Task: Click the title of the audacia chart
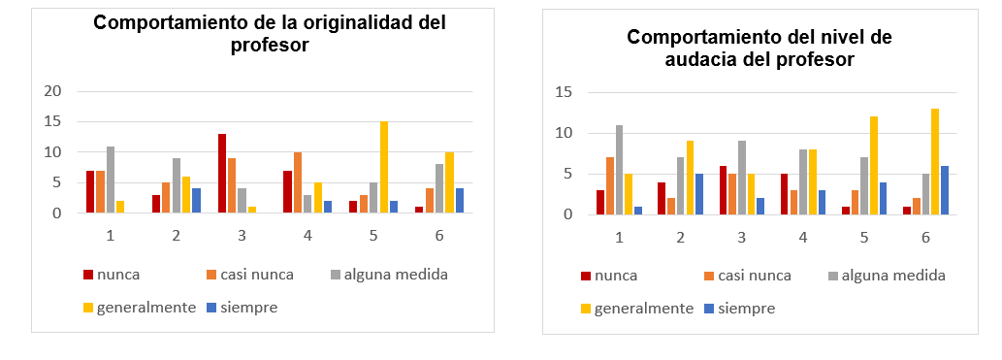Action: pyautogui.click(x=759, y=48)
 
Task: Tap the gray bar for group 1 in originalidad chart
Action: pyautogui.click(x=112, y=180)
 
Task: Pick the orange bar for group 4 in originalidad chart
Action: pyautogui.click(x=299, y=182)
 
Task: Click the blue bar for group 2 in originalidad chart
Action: pyautogui.click(x=195, y=201)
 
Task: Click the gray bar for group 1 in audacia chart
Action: pyautogui.click(x=619, y=170)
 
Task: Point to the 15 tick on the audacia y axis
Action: pyautogui.click(x=563, y=92)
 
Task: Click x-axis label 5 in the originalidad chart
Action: pyautogui.click(x=372, y=236)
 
